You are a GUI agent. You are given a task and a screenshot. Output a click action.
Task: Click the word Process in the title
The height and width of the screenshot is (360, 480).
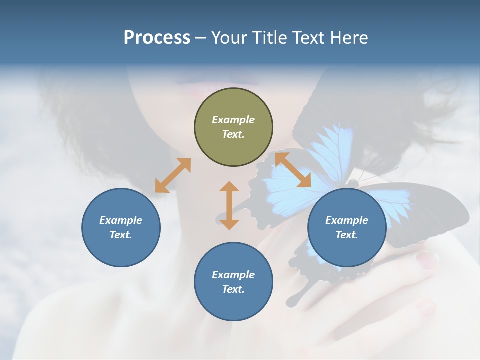[157, 38]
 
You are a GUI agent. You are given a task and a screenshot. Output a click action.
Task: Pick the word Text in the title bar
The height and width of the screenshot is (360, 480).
[311, 38]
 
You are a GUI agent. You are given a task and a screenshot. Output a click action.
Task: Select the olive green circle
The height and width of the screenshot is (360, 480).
[233, 127]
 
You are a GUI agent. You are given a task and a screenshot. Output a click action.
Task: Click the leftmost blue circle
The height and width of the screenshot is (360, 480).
[121, 227]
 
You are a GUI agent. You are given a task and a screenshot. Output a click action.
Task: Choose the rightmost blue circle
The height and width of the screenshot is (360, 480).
[347, 227]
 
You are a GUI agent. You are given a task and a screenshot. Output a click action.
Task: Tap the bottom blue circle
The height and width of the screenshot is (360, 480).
[233, 282]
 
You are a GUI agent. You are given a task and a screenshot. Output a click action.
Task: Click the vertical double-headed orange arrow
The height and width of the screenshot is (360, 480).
[229, 205]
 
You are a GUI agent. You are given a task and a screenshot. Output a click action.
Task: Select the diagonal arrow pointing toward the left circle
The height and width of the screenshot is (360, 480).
[173, 175]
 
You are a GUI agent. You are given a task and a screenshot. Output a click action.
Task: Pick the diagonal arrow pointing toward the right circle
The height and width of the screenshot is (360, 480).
[293, 170]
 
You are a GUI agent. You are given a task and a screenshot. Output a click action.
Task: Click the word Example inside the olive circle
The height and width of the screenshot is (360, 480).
[233, 120]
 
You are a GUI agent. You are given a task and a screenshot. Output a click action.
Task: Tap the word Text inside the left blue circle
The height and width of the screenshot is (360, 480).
[121, 235]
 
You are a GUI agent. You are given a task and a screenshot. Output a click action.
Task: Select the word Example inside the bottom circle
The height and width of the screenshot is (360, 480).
[233, 275]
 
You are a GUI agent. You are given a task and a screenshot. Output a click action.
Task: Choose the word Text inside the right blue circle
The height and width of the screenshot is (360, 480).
[347, 235]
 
